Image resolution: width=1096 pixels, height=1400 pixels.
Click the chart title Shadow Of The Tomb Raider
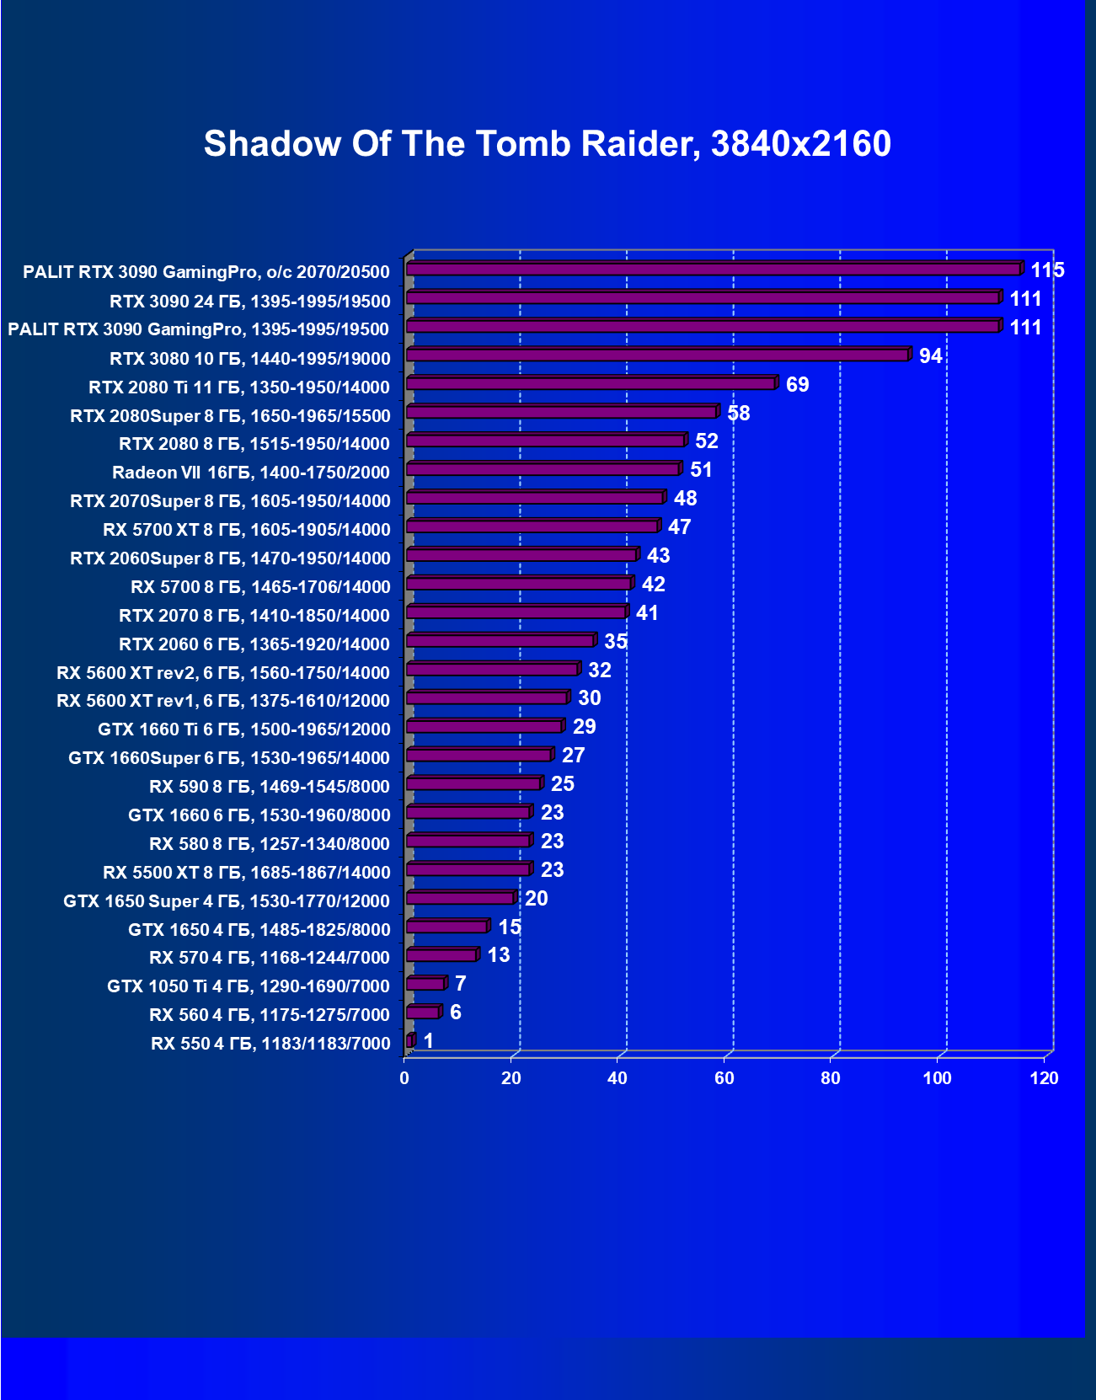pos(548,144)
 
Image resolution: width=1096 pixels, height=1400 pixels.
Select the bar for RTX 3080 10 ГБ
pos(657,355)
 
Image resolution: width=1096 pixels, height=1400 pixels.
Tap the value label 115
pos(1047,270)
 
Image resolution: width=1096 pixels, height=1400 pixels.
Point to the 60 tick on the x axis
pos(724,1078)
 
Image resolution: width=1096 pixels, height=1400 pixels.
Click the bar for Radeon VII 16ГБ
pos(543,469)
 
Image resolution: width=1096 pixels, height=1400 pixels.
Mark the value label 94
pos(930,356)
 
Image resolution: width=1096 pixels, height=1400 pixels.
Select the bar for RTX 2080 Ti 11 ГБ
pos(591,384)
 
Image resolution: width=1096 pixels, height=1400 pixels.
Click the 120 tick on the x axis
pos(1044,1078)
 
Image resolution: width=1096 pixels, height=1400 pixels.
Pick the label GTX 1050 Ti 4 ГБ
pos(249,986)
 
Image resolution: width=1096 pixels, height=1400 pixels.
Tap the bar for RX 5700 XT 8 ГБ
pos(532,526)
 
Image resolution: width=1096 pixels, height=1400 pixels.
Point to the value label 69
pos(797,385)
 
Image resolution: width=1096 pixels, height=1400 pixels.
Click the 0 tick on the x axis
pos(404,1078)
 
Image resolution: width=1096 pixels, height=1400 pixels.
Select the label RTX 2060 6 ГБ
pos(254,644)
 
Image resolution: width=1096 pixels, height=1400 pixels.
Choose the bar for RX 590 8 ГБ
pos(473,784)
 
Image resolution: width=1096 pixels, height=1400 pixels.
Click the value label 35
pos(616,642)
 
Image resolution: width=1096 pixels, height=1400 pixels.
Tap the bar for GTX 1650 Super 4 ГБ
pos(460,898)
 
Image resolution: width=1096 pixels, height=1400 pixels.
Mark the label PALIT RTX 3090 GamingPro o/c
pos(206,272)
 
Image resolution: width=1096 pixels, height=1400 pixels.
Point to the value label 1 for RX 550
pos(429,1041)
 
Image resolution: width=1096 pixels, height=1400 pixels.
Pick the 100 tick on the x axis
pos(937,1078)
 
